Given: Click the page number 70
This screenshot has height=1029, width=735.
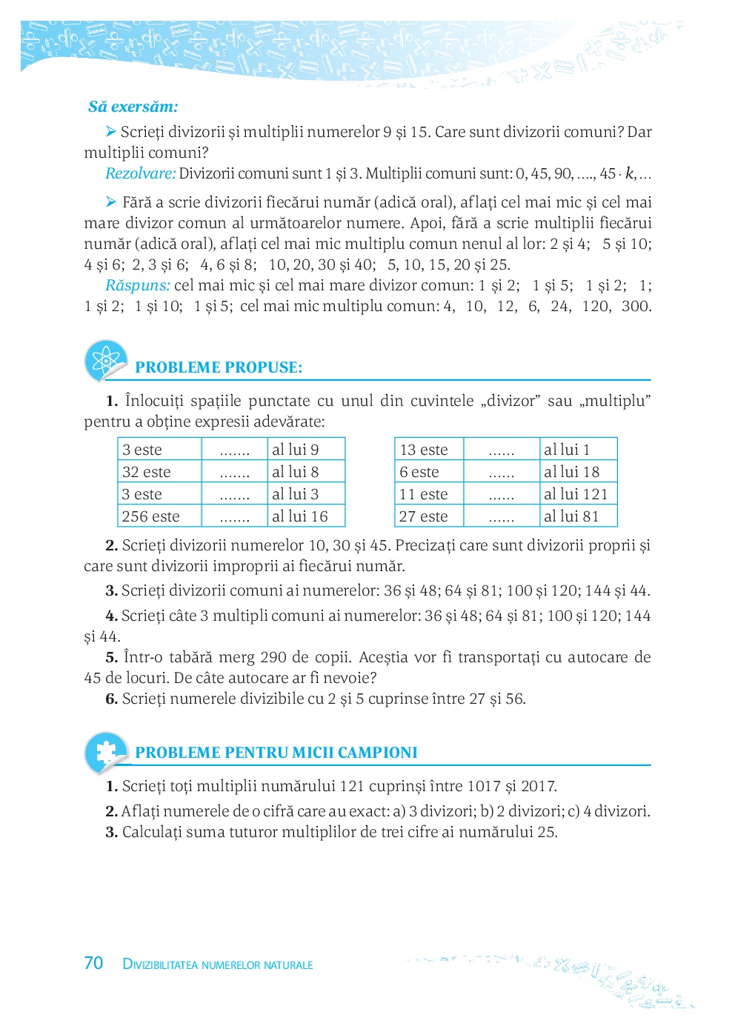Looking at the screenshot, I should [x=93, y=963].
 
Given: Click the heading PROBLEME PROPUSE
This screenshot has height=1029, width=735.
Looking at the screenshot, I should [x=219, y=367].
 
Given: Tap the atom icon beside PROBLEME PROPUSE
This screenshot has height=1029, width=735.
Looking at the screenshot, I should [x=106, y=361].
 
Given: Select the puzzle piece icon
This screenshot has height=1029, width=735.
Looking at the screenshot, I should [x=106, y=751].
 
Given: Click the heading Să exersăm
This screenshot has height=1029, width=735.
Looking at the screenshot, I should [x=133, y=107].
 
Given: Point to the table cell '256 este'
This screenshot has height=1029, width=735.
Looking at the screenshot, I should [x=151, y=516].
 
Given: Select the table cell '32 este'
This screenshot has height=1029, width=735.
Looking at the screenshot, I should [x=147, y=472].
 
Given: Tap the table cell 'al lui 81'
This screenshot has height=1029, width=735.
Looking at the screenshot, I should [x=571, y=516].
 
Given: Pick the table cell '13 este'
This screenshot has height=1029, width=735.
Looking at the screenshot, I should [x=424, y=450].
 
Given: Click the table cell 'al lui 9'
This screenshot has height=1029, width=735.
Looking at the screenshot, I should [x=296, y=450].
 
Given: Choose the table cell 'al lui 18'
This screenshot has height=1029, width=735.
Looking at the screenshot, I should [x=571, y=472].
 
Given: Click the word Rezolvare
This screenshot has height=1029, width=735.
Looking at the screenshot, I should [x=141, y=174].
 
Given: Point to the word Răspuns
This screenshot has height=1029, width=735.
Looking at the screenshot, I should [x=138, y=286].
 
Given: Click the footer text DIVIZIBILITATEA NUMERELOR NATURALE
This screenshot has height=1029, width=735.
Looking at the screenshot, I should [x=218, y=965].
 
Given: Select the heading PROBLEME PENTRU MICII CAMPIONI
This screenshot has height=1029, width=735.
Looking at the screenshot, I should [x=276, y=753].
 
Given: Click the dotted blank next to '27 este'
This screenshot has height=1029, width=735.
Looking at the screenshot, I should [x=502, y=517].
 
